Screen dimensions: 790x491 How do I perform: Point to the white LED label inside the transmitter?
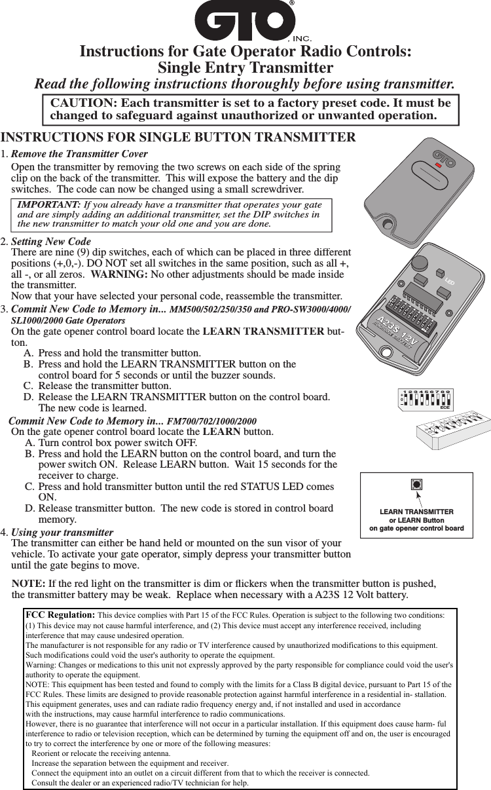(x=449, y=282)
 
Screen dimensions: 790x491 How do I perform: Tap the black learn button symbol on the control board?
(x=416, y=485)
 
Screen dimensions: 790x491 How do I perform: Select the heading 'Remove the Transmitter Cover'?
(x=80, y=154)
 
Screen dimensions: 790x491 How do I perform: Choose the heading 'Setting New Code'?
(x=52, y=242)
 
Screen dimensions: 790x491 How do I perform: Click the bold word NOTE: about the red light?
(x=29, y=583)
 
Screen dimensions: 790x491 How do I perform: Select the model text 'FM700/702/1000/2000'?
(x=212, y=421)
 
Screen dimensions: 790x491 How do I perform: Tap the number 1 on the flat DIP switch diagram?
(x=406, y=391)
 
